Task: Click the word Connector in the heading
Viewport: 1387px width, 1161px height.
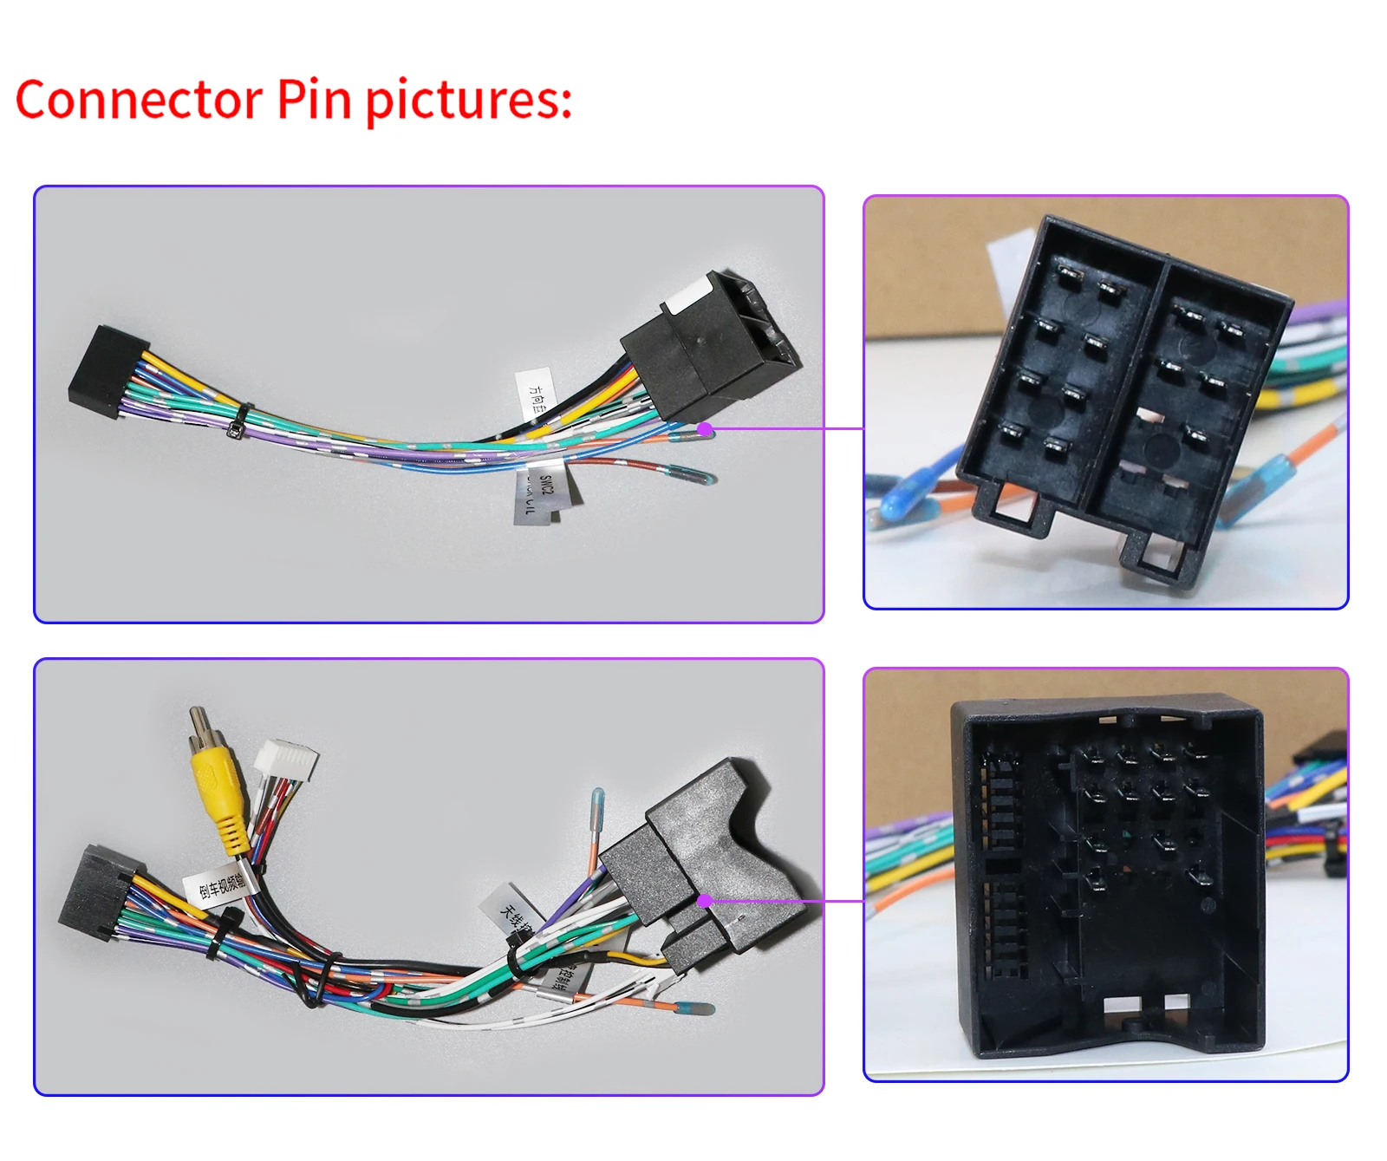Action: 139,100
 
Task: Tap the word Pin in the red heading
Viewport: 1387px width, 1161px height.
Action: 314,100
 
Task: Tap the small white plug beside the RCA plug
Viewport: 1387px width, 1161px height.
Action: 287,761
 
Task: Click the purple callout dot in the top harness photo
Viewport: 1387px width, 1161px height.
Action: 706,428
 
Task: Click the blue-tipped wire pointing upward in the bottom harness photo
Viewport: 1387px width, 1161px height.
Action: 597,806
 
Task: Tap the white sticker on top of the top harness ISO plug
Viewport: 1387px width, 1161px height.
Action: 686,296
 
